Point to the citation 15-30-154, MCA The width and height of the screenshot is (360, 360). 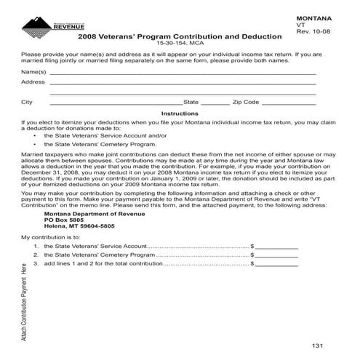(x=180, y=44)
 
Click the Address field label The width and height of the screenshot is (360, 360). (x=33, y=83)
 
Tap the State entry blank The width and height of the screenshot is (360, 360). (x=214, y=103)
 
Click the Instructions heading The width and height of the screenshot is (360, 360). (x=179, y=113)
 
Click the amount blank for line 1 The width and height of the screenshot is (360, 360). (x=276, y=247)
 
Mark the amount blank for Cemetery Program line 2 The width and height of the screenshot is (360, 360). (x=276, y=255)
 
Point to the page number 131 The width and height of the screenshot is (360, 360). (x=316, y=344)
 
